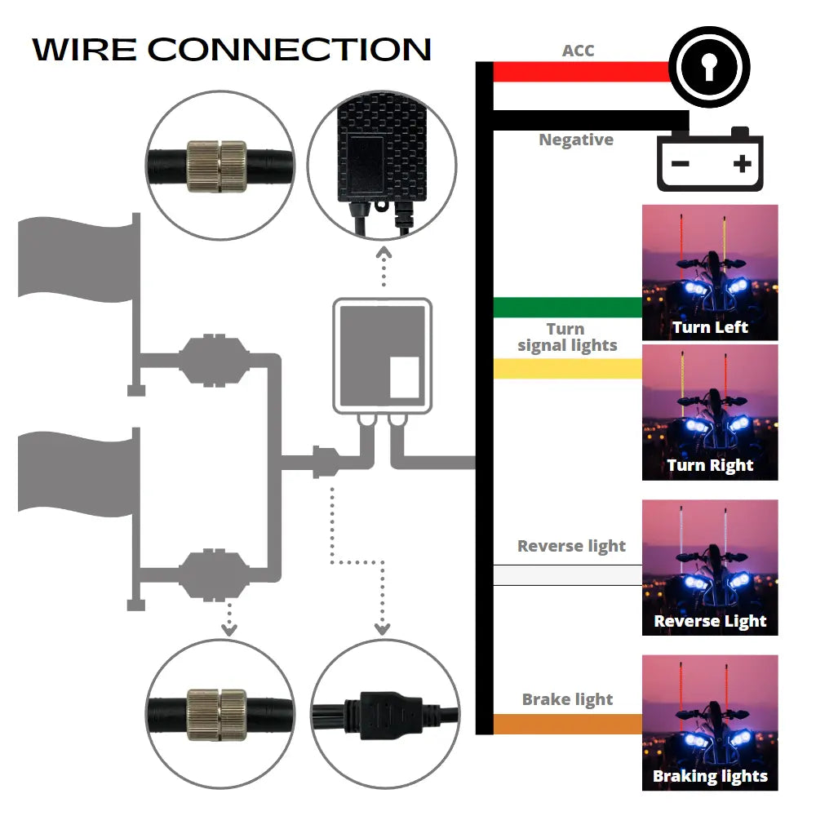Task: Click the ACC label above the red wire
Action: pyautogui.click(x=578, y=51)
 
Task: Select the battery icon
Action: pyautogui.click(x=711, y=161)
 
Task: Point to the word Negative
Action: pyautogui.click(x=576, y=140)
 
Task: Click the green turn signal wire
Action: pyautogui.click(x=568, y=308)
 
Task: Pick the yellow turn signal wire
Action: pyautogui.click(x=568, y=369)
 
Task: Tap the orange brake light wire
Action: pyautogui.click(x=568, y=724)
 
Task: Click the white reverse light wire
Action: pyautogui.click(x=568, y=575)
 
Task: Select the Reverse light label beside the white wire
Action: pyautogui.click(x=571, y=546)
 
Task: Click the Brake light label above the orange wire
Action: pyautogui.click(x=568, y=699)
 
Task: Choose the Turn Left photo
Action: pyautogui.click(x=710, y=272)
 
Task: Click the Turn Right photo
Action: pyautogui.click(x=710, y=412)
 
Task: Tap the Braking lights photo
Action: pyautogui.click(x=710, y=722)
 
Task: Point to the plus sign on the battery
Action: pyautogui.click(x=742, y=164)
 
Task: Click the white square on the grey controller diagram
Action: pyautogui.click(x=404, y=377)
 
